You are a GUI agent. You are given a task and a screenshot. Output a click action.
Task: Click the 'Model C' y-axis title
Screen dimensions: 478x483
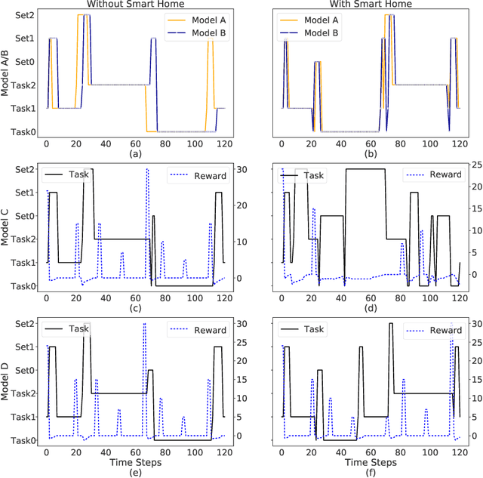[7, 226]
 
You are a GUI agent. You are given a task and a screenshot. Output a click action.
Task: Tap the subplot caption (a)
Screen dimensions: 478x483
[136, 154]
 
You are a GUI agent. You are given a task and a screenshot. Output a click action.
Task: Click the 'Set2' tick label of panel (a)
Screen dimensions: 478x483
[23, 14]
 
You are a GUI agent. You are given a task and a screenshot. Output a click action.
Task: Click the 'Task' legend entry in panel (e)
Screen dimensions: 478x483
[83, 330]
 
